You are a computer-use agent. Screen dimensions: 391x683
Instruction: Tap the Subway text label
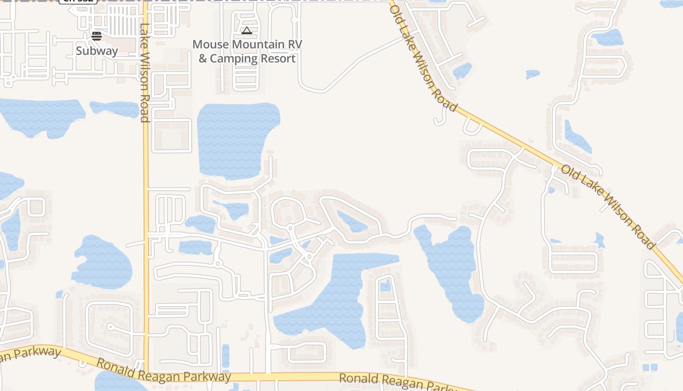tap(97, 51)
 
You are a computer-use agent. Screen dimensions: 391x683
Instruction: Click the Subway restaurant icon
tap(97, 36)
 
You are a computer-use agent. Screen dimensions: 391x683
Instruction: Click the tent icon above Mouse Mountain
tap(247, 31)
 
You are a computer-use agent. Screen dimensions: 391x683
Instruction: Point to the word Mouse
tap(211, 44)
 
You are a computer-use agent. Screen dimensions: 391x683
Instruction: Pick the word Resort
tap(278, 59)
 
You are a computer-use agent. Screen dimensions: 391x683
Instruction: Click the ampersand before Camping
tap(203, 59)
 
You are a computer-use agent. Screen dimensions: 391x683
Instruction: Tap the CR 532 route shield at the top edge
tap(78, 1)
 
